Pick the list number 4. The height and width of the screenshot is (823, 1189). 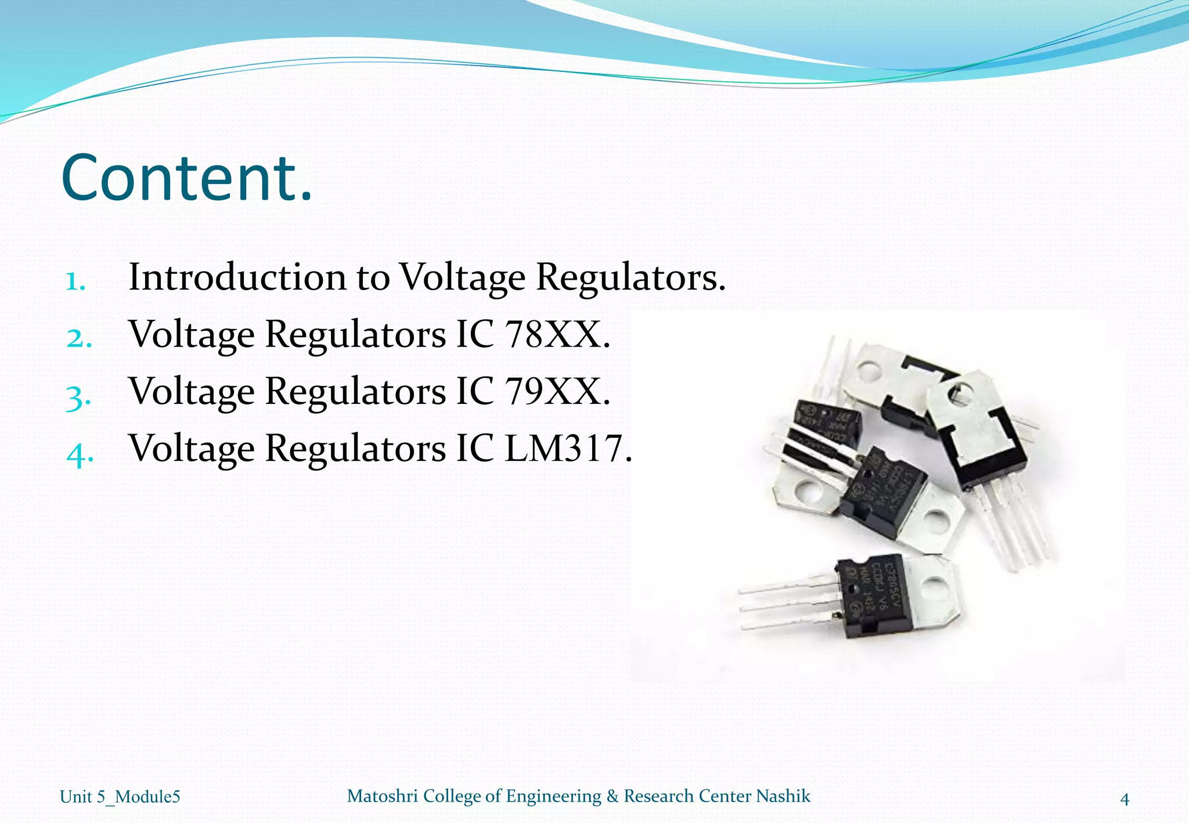tap(80, 453)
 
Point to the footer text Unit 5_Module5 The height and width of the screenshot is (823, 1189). tap(120, 797)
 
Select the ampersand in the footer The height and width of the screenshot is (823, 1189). tap(612, 796)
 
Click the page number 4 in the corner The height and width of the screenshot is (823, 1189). tap(1125, 799)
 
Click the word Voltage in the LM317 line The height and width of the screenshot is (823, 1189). tap(192, 448)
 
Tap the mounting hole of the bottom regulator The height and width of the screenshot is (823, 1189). tap(934, 590)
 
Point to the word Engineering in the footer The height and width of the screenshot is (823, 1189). tap(553, 796)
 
